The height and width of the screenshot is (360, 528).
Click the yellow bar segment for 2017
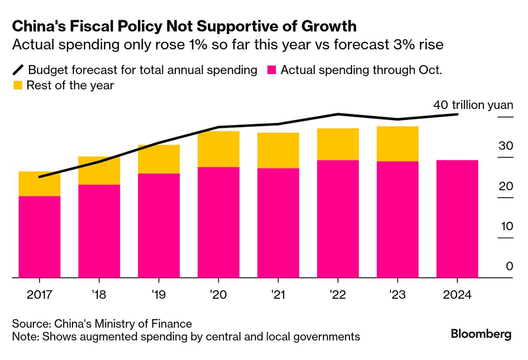click(40, 184)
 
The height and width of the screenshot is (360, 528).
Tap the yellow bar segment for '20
click(219, 149)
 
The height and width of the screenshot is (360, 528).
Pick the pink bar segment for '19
click(159, 226)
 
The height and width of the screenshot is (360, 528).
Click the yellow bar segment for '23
click(397, 144)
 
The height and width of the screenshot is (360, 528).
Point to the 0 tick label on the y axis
click(509, 267)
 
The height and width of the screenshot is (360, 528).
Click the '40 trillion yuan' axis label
click(473, 106)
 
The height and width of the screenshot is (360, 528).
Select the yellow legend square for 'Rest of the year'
click(17, 85)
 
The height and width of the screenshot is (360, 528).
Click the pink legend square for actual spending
click(271, 70)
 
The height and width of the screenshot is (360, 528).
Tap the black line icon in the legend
click(19, 70)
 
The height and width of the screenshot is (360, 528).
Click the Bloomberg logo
click(481, 334)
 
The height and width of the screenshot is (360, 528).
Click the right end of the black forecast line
click(457, 114)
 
